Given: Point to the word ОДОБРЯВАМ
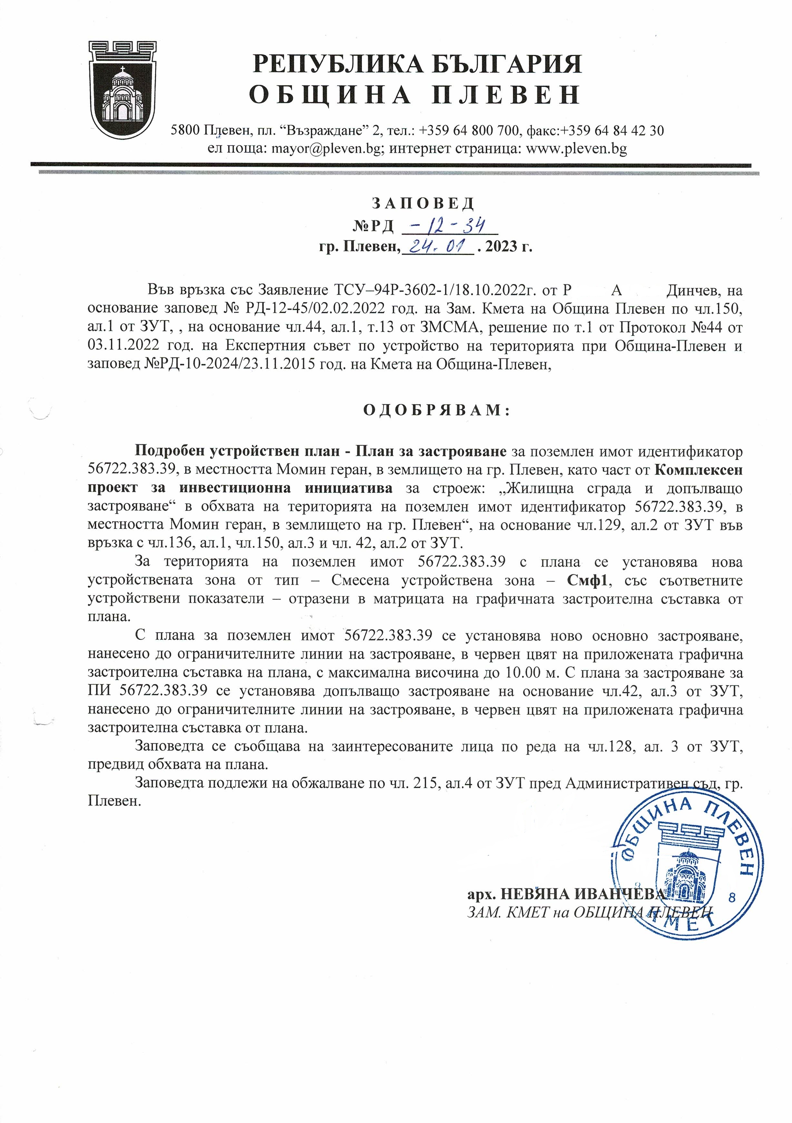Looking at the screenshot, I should [436, 410].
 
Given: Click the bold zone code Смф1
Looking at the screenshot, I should [587, 581].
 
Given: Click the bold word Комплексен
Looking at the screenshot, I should [699, 470].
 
